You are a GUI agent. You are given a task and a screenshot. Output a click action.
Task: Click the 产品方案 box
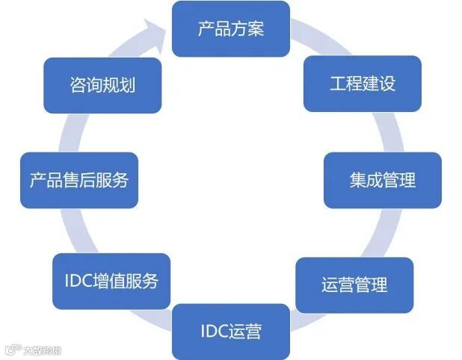coord(230,29)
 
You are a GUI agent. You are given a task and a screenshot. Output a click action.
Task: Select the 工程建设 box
coord(362,84)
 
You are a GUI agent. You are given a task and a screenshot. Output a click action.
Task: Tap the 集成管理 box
coord(382,180)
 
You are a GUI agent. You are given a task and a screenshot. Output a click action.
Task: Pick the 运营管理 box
coord(354,285)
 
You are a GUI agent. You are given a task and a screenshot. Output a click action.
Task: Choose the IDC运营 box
coord(230,331)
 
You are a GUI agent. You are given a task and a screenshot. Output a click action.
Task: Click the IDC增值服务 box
coord(111,281)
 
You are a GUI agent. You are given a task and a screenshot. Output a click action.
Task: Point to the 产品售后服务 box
coord(79,180)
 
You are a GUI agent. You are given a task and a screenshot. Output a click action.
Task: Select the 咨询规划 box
coord(102,85)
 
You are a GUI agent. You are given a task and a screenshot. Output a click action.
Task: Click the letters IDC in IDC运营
coord(212,331)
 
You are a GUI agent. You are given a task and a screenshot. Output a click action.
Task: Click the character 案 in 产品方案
coord(256,29)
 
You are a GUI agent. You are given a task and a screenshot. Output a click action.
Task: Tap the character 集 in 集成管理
coord(357,180)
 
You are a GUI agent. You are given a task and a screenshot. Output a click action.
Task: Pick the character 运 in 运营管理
coord(330,285)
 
